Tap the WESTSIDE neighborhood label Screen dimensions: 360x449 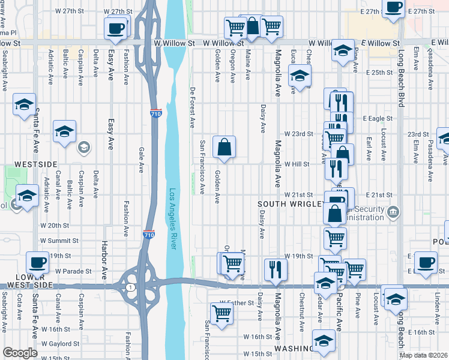35,164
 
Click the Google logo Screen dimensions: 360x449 20,353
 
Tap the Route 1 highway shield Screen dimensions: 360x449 130,287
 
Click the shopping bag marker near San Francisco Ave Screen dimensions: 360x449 224,146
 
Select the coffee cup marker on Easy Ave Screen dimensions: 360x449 115,28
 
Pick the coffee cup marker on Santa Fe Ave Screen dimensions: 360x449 38,263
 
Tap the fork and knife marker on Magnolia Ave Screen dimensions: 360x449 276,268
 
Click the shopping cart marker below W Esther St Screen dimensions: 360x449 222,313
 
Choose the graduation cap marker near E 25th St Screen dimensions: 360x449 299,76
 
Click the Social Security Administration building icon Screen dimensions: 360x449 393,211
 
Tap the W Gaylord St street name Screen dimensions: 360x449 60,344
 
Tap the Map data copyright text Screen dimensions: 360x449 423,355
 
